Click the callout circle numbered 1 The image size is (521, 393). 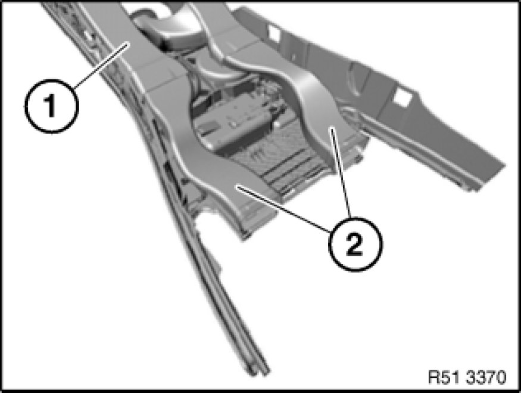[51, 106]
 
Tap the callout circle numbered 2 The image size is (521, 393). [355, 244]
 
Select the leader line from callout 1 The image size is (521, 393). [102, 66]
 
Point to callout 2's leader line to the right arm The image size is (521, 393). [339, 173]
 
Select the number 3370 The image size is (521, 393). [485, 377]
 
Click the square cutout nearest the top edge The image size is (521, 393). [274, 33]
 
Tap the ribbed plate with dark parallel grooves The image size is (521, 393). [282, 166]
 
